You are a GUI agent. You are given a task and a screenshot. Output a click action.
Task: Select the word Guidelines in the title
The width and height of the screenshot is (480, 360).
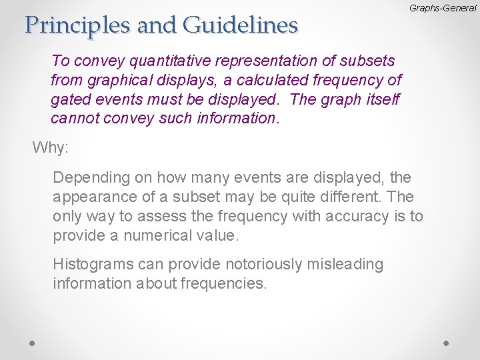pos(239,25)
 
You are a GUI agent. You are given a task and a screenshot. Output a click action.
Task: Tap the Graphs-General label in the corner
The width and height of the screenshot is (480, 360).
pos(443,8)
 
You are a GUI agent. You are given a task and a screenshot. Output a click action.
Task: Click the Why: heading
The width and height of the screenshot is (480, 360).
pos(51,147)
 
